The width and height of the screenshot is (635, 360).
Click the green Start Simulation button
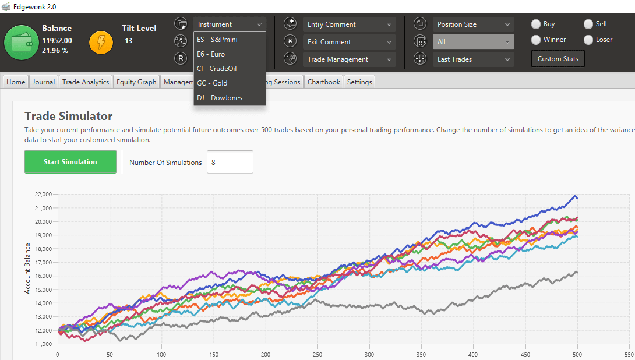click(70, 162)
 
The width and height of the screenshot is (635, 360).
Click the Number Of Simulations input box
click(230, 162)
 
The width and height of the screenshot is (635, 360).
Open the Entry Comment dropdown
click(349, 24)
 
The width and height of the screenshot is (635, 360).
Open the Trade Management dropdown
click(349, 59)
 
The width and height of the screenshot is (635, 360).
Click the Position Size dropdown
click(473, 24)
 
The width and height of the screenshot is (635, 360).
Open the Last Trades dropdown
click(473, 59)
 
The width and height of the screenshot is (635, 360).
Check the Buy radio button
click(536, 24)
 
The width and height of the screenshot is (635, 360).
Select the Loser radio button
click(588, 40)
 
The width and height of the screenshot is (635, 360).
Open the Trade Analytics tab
click(86, 82)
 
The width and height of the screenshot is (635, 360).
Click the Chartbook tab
click(323, 82)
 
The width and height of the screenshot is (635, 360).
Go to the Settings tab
click(359, 82)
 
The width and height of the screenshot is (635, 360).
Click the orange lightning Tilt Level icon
click(101, 43)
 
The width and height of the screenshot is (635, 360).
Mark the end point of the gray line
click(577, 272)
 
